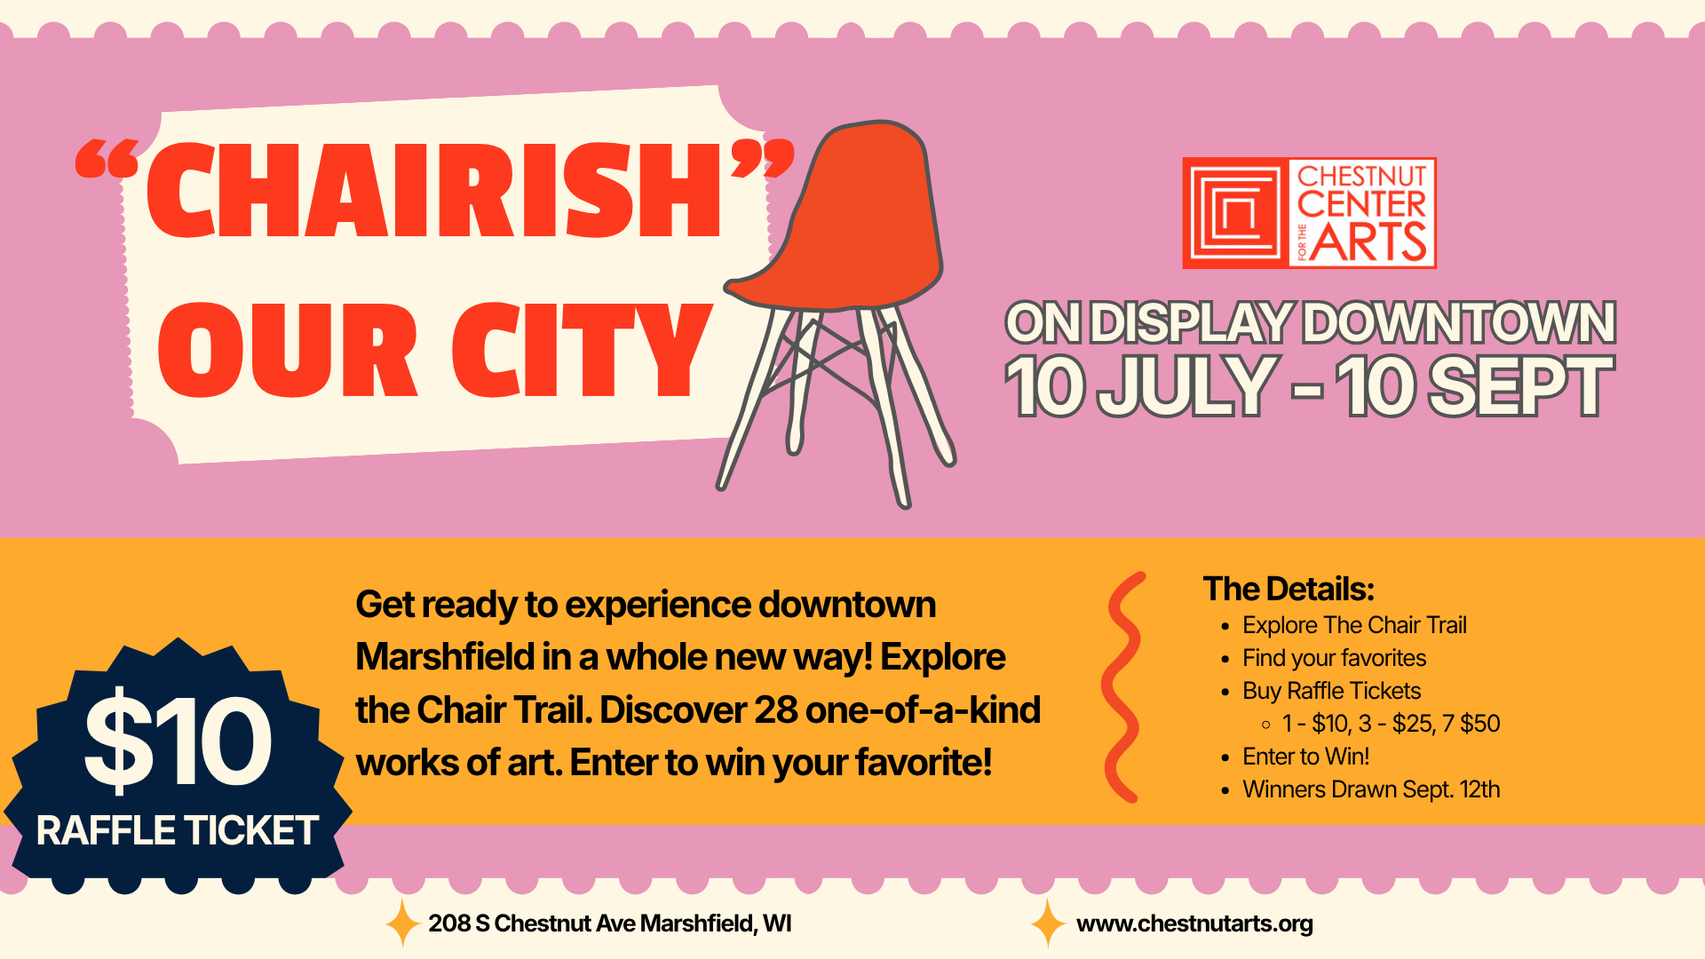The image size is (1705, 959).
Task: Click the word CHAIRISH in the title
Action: point(433,191)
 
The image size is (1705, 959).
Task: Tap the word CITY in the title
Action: point(582,350)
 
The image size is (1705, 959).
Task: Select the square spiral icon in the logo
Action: point(1236,213)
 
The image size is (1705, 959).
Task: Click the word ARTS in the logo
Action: point(1368,242)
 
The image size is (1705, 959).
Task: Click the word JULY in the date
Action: point(1188,385)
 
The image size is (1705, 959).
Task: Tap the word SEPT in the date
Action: point(1520,385)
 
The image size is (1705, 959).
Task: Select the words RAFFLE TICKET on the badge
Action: point(178,831)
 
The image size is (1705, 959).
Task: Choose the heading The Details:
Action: point(1289,589)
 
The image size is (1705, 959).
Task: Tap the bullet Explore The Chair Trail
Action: point(1354,625)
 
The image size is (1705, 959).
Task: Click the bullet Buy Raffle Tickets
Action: point(1331,691)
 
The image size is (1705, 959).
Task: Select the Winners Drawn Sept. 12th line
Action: point(1371,789)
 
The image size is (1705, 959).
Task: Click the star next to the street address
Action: point(402,923)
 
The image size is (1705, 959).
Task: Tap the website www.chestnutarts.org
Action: point(1194,924)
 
